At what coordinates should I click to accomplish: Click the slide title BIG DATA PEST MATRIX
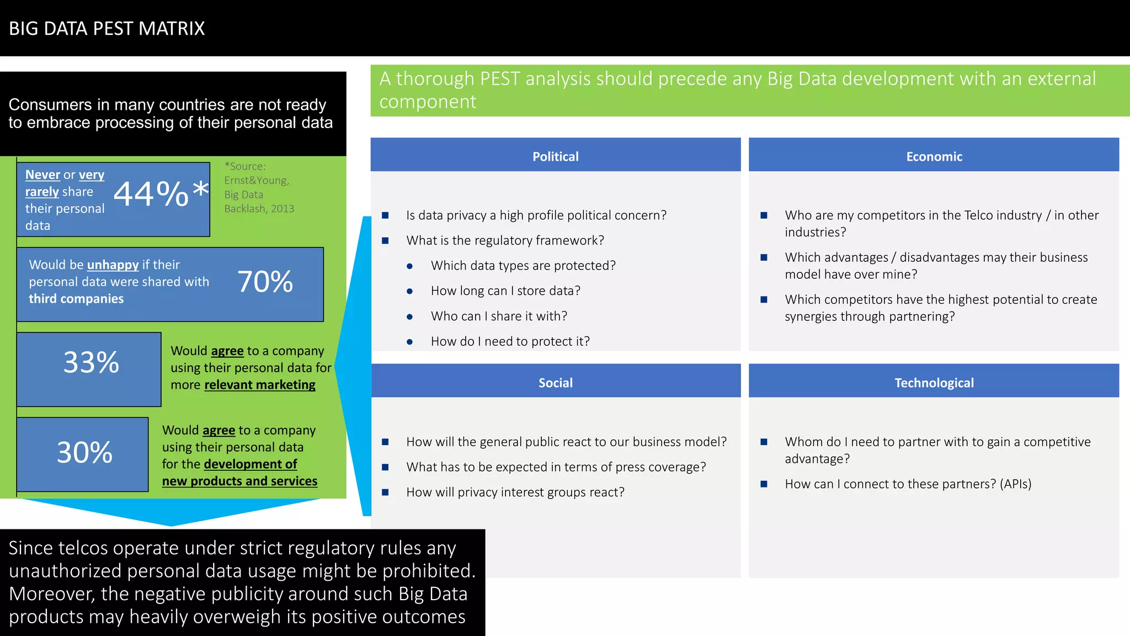(x=106, y=29)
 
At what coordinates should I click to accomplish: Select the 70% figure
(x=265, y=282)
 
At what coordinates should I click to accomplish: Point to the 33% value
(x=91, y=363)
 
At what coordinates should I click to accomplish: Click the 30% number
(x=84, y=453)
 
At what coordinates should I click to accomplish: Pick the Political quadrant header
(x=555, y=156)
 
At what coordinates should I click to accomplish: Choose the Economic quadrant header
(x=934, y=156)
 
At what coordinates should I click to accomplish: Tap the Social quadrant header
(x=555, y=383)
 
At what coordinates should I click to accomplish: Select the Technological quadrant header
(x=934, y=383)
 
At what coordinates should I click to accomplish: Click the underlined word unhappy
(x=113, y=265)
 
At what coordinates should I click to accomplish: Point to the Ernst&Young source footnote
(x=259, y=187)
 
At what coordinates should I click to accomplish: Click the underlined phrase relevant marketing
(x=259, y=385)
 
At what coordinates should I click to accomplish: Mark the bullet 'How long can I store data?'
(x=505, y=291)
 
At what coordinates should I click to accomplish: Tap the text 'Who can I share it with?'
(x=499, y=316)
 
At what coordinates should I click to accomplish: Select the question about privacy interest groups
(x=515, y=492)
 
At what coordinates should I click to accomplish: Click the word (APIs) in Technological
(x=1015, y=484)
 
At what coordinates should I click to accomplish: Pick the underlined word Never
(x=42, y=175)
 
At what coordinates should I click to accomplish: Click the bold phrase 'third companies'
(x=76, y=299)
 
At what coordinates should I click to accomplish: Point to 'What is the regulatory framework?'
(x=505, y=241)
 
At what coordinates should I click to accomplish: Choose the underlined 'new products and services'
(x=239, y=481)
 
